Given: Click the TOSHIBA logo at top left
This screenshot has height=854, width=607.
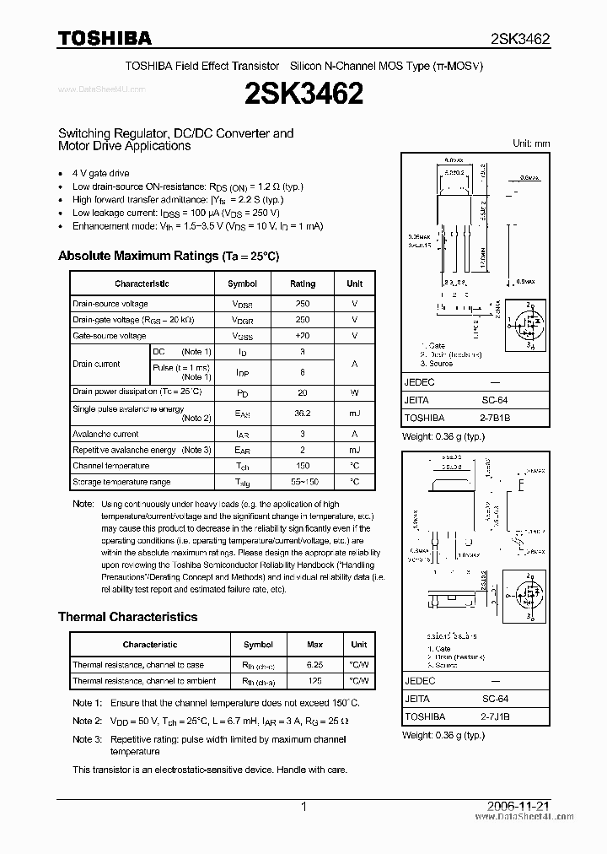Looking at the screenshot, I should (105, 38).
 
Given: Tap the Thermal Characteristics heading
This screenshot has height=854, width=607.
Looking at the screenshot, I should (127, 617).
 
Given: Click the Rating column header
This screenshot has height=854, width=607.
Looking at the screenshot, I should (303, 284).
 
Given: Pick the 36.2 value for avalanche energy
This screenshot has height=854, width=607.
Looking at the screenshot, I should (303, 413).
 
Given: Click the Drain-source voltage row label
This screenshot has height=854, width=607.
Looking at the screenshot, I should (110, 304).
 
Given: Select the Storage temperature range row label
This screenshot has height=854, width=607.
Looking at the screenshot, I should (121, 482).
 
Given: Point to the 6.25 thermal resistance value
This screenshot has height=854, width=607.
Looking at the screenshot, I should (314, 665).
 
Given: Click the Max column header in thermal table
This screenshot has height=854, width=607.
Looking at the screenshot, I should (314, 645).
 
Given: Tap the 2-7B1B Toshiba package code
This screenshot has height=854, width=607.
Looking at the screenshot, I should (494, 418).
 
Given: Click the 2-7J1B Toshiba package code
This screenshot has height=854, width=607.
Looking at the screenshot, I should (494, 716).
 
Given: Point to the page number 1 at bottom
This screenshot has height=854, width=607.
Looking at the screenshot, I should (303, 807).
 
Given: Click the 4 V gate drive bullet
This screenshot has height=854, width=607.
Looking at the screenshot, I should (101, 173).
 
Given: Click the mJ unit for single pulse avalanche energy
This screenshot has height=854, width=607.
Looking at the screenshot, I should (355, 413).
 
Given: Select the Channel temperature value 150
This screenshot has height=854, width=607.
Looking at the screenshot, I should (303, 466).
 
